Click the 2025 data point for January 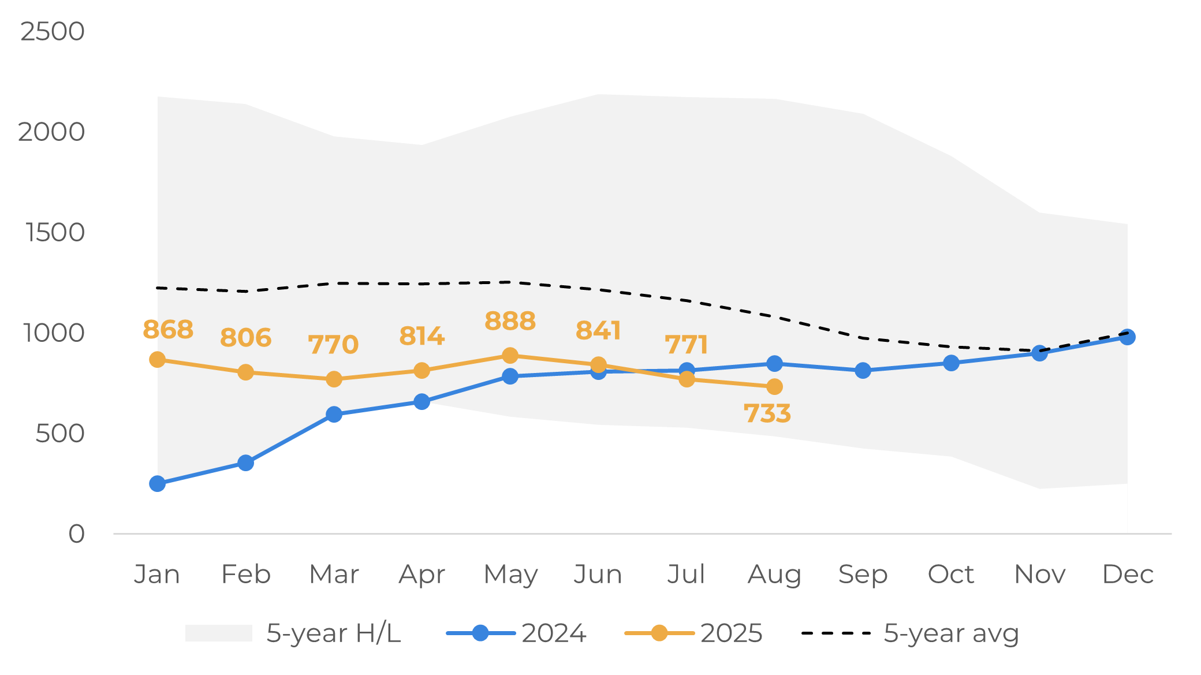tap(157, 360)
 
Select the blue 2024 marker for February tap(245, 463)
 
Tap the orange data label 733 tap(767, 413)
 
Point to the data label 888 tap(510, 321)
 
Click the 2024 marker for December tap(1127, 337)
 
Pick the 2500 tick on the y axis tap(53, 32)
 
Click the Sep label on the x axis tap(863, 575)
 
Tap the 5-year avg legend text tap(951, 633)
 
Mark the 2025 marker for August tap(774, 387)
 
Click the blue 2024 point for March tap(334, 414)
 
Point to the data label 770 tap(333, 345)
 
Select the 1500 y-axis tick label tap(55, 233)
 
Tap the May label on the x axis tap(510, 575)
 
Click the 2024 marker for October tap(951, 363)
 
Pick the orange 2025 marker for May tap(510, 355)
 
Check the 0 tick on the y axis tap(76, 534)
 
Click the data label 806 tap(245, 338)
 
